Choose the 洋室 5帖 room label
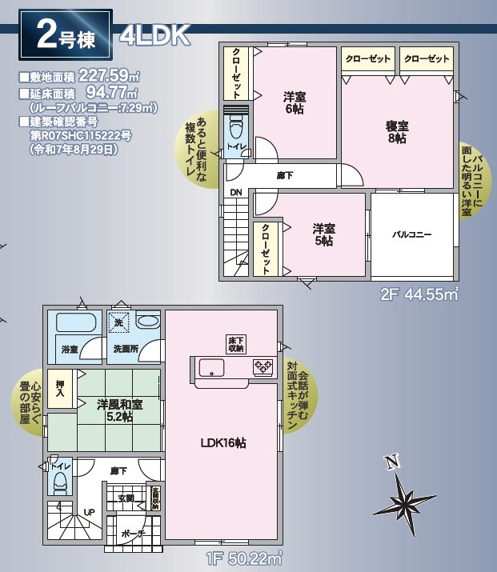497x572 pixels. pos(323,234)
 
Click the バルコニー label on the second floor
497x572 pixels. pos(411,234)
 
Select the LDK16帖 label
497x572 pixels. pos(222,442)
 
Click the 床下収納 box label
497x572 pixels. pos(235,343)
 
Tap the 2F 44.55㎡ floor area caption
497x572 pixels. pos(419,294)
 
